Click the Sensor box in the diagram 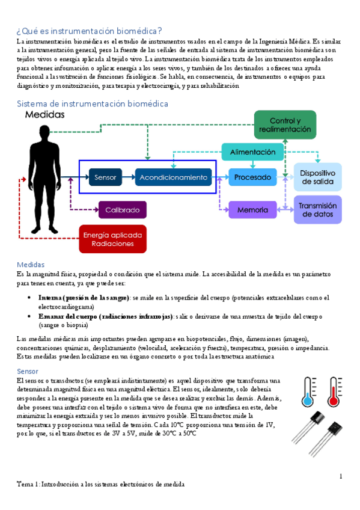click(x=105, y=177)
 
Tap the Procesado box click(x=252, y=177)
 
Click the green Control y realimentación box click(x=285, y=126)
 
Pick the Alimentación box click(x=252, y=152)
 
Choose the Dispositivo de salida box click(x=317, y=177)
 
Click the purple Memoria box click(x=252, y=210)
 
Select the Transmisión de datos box click(x=317, y=209)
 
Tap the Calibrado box click(x=122, y=210)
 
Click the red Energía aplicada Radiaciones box click(x=112, y=239)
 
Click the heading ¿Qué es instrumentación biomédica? click(x=89, y=31)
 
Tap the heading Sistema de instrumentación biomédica click(x=92, y=103)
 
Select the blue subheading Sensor click(x=28, y=371)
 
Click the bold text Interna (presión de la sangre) click(x=83, y=298)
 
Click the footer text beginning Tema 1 click(x=100, y=484)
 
